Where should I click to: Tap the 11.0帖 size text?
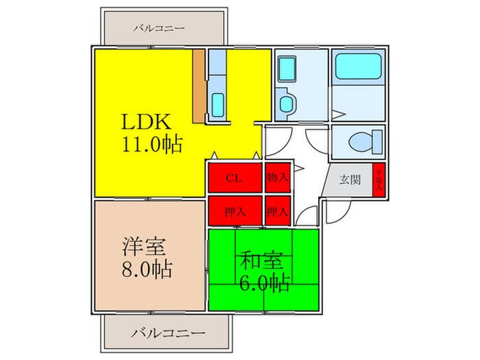point(152,145)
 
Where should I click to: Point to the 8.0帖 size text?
point(147,267)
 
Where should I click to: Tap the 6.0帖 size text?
point(265,281)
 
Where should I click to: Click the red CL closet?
point(235,178)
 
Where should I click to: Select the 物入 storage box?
point(277,178)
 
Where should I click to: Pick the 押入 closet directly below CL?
point(235,211)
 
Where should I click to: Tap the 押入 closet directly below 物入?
point(277,211)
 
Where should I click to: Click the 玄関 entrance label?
point(350,181)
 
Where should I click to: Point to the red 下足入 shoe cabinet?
point(378,182)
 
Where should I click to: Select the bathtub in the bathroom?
point(358,69)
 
